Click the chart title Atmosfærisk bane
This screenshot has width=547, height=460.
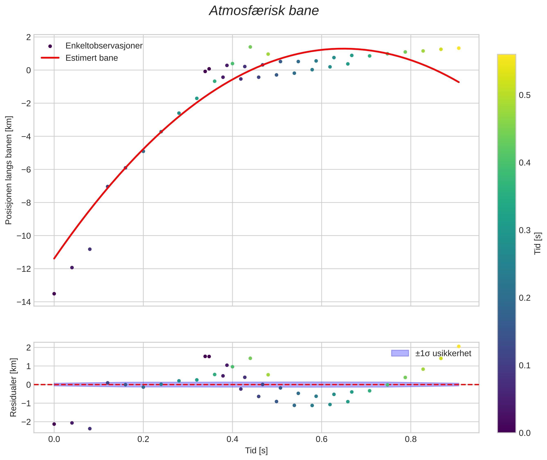tap(264, 11)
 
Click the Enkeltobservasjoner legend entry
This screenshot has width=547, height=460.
tap(104, 46)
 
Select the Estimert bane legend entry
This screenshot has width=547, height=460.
tap(91, 58)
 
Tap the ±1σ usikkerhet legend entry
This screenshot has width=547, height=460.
tap(443, 353)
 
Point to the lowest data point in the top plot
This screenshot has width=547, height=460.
tap(54, 294)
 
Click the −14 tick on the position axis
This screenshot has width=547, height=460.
tap(24, 302)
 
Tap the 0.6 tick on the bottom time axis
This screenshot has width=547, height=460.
tap(321, 439)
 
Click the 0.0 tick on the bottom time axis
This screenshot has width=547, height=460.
tap(54, 439)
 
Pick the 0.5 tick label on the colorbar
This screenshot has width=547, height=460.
tap(524, 95)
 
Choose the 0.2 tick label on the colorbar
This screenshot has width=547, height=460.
tap(524, 298)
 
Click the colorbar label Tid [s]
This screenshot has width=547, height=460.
tap(538, 243)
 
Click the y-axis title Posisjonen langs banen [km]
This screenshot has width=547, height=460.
tap(9, 170)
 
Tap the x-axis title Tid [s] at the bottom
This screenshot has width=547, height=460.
tap(256, 450)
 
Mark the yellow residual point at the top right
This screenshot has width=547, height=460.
tap(459, 347)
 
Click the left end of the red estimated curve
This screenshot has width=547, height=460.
tap(54, 258)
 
